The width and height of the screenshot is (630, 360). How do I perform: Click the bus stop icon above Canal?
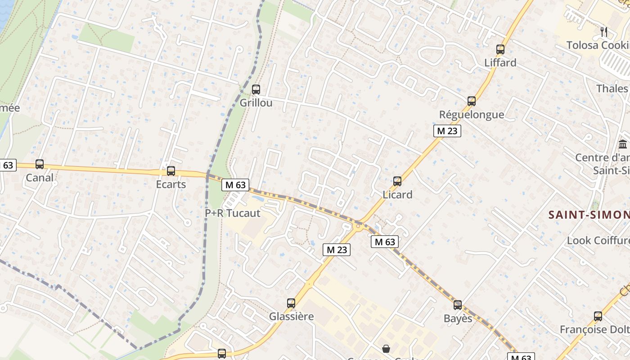point(40,164)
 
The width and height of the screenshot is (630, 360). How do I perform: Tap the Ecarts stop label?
point(171,184)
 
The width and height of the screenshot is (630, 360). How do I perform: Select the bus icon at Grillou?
point(256,90)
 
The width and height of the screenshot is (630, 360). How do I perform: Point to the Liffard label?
point(500,63)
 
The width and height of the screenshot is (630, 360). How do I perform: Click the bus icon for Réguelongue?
point(472,101)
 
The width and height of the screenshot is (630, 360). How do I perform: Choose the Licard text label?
point(397,194)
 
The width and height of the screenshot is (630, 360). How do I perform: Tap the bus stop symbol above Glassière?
point(291,303)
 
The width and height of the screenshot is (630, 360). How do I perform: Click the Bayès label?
point(458,319)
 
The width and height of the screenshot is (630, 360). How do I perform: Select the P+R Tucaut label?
point(233,213)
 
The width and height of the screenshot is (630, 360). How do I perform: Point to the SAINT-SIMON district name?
point(589,215)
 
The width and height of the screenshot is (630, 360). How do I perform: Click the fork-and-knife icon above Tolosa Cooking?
point(604,32)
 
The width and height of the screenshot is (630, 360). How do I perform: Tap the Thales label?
point(612,88)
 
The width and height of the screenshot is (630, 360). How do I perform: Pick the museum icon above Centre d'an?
point(623,144)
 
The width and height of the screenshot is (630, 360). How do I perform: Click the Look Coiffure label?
point(598,240)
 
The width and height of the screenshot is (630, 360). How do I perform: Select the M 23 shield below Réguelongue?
point(447,131)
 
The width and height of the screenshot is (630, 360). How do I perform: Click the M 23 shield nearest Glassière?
point(336,250)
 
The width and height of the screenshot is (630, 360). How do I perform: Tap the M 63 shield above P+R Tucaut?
point(235,184)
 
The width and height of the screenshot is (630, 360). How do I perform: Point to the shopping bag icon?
point(386,348)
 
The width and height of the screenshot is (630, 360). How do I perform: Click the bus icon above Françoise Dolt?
point(598,316)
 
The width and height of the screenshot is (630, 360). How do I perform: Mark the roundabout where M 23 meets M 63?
point(359,226)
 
